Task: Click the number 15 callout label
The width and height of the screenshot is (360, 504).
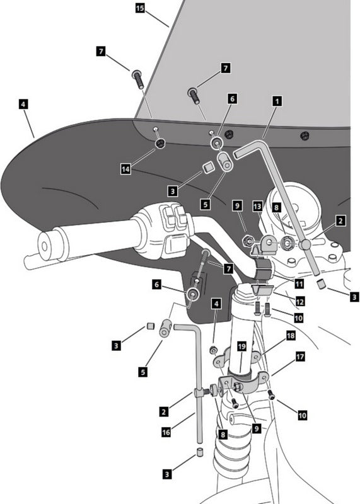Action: pyautogui.click(x=140, y=8)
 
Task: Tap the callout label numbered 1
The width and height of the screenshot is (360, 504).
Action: pyautogui.click(x=277, y=101)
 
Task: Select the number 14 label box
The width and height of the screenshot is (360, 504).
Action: pyautogui.click(x=125, y=169)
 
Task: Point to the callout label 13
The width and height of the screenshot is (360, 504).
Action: pyautogui.click(x=257, y=207)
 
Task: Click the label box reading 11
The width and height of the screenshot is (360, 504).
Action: pyautogui.click(x=299, y=284)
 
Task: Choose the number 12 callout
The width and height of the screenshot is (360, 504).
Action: pyautogui.click(x=299, y=302)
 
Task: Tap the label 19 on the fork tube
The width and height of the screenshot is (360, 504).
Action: pyautogui.click(x=241, y=346)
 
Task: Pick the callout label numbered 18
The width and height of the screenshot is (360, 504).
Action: pyautogui.click(x=291, y=336)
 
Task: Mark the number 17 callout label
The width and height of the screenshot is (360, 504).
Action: pyautogui.click(x=300, y=357)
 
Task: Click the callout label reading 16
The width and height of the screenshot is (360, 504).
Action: pyautogui.click(x=166, y=432)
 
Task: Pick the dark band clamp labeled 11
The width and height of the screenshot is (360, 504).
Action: pyautogui.click(x=264, y=268)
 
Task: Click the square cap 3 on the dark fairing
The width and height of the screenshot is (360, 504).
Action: pyautogui.click(x=208, y=168)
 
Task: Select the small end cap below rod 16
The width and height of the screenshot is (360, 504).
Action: pyautogui.click(x=200, y=451)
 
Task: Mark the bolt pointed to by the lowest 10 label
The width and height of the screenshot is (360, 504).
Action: pyautogui.click(x=272, y=396)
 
